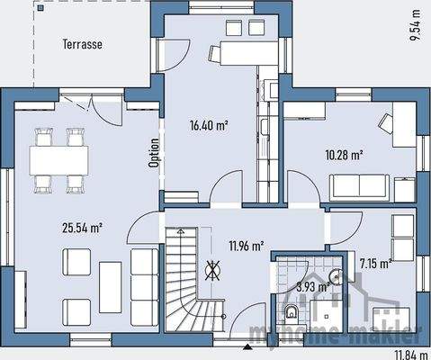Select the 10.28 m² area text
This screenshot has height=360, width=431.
tap(344, 155)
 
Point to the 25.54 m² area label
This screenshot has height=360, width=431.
tap(82, 228)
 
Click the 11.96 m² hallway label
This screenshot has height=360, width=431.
tap(245, 245)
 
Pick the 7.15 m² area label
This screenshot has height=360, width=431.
tap(374, 263)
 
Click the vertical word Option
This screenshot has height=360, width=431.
tap(155, 152)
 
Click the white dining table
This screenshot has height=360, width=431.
tap(58, 160)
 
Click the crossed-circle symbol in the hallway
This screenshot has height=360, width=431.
tap(215, 267)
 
